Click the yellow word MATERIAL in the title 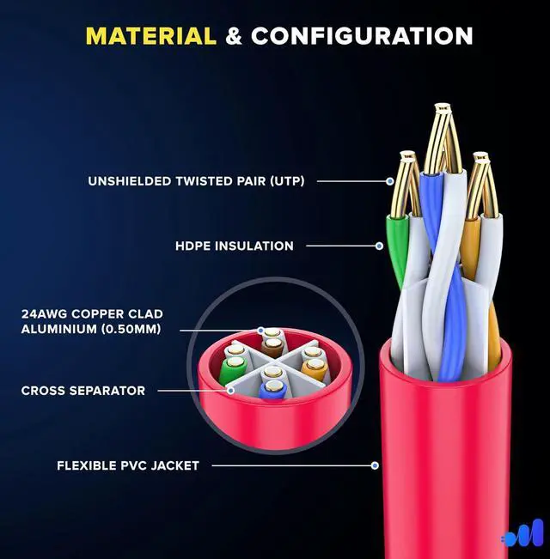[150, 36]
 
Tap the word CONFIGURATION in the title [362, 36]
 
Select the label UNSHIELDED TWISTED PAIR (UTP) [196, 181]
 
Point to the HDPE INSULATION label [234, 246]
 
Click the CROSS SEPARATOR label [83, 391]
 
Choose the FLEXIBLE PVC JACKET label [128, 465]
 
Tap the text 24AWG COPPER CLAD [92, 314]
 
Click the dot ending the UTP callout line [389, 181]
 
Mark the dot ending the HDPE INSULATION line [379, 246]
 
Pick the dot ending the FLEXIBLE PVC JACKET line [375, 465]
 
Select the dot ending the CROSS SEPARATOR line [230, 390]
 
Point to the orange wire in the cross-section [313, 372]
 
